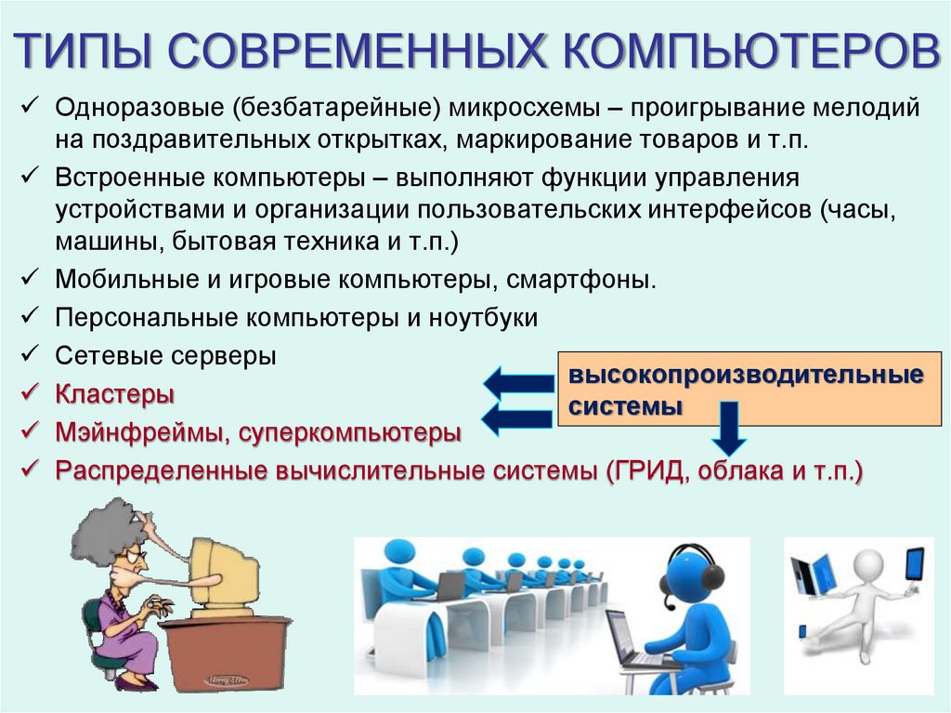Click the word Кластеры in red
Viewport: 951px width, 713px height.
114,394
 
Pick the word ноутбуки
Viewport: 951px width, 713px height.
483,317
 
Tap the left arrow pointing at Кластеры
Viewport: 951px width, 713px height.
518,381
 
